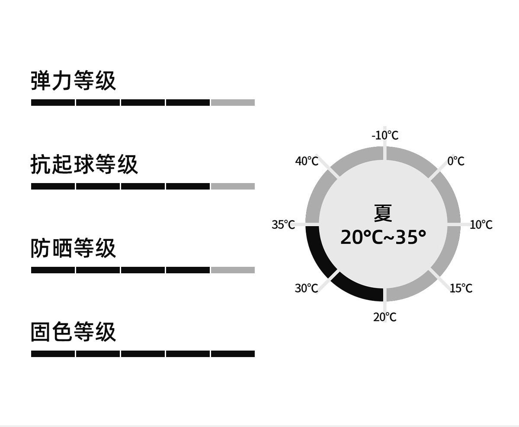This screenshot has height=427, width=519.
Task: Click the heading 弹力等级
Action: [x=74, y=80]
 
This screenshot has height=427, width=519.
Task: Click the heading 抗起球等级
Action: [x=84, y=164]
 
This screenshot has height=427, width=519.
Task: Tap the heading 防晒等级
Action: [x=74, y=248]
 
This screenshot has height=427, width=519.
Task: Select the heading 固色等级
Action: [x=74, y=332]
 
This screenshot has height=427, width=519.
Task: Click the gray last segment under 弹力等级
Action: [x=233, y=103]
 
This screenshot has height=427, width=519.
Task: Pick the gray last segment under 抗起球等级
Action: [x=233, y=187]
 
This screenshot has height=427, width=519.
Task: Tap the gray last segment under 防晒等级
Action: [x=233, y=270]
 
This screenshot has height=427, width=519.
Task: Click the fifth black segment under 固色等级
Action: [x=233, y=354]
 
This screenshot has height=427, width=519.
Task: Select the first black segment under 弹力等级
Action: [x=53, y=103]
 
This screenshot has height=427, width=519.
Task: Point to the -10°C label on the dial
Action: [x=385, y=136]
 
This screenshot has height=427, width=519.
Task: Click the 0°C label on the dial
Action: [x=456, y=161]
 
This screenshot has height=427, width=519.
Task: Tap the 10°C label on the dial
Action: [x=481, y=225]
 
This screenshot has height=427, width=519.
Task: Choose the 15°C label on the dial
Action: [x=461, y=288]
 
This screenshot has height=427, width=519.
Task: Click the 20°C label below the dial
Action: [x=385, y=317]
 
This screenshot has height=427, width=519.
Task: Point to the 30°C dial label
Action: [x=306, y=288]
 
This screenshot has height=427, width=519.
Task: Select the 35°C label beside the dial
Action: [x=283, y=225]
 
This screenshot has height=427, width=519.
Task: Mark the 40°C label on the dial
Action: [x=307, y=161]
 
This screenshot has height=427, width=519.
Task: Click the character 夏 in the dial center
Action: [x=383, y=213]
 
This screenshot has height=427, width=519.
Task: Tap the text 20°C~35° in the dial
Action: [x=383, y=237]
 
